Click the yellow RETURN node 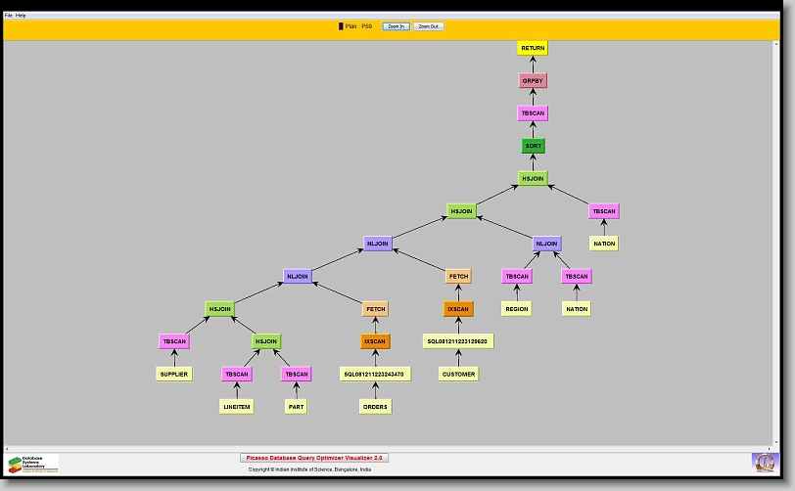pyautogui.click(x=533, y=48)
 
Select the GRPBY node pyautogui.click(x=533, y=80)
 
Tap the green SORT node pyautogui.click(x=533, y=146)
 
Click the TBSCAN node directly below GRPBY pyautogui.click(x=533, y=113)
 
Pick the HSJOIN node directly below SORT pyautogui.click(x=533, y=179)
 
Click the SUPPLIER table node pyautogui.click(x=173, y=374)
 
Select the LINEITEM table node pyautogui.click(x=237, y=406)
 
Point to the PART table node pyautogui.click(x=297, y=406)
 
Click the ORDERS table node pyautogui.click(x=375, y=406)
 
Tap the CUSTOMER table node pyautogui.click(x=458, y=374)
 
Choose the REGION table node pyautogui.click(x=517, y=309)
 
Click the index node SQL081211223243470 pyautogui.click(x=375, y=374)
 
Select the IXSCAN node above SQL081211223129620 pyautogui.click(x=458, y=309)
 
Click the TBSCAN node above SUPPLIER pyautogui.click(x=173, y=341)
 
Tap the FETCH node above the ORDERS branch pyautogui.click(x=375, y=309)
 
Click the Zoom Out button pyautogui.click(x=428, y=26)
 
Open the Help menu pyautogui.click(x=21, y=16)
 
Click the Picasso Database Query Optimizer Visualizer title pyautogui.click(x=314, y=457)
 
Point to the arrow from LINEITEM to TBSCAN pyautogui.click(x=237, y=390)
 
